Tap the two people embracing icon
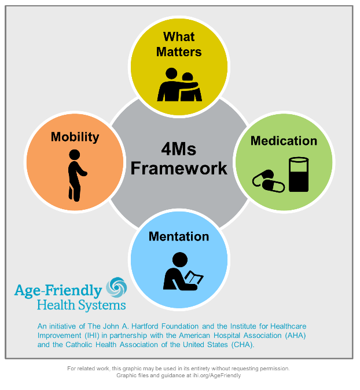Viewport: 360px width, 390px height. point(179,85)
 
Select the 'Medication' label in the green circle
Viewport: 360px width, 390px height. point(284,141)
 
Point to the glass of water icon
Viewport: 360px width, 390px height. point(299,174)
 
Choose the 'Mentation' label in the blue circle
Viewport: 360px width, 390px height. point(179,236)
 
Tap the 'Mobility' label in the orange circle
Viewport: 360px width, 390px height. point(75,137)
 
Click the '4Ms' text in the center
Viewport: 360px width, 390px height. point(179,150)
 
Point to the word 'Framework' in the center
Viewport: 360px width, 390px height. point(179,169)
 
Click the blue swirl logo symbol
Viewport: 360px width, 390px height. point(115,287)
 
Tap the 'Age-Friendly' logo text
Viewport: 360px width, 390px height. point(58,290)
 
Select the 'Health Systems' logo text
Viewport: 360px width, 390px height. point(80,305)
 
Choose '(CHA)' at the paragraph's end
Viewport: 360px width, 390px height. point(241,344)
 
